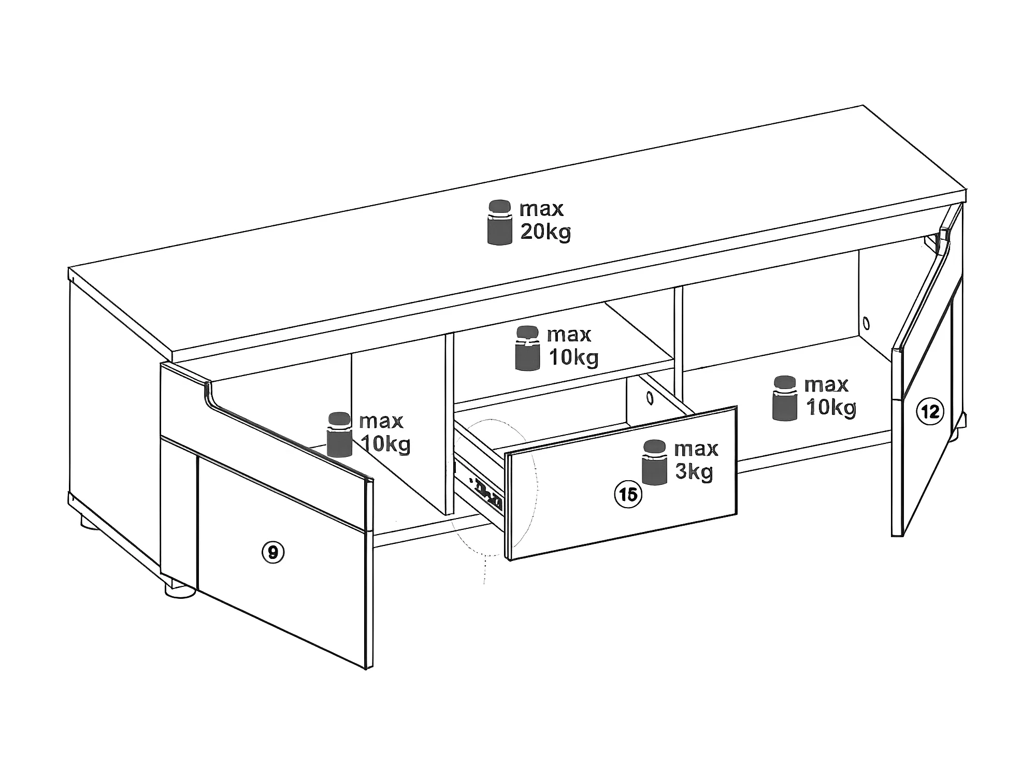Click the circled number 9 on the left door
pyautogui.click(x=273, y=553)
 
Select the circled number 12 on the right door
pyautogui.click(x=930, y=411)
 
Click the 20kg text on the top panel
pyautogui.click(x=545, y=232)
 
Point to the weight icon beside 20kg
pyautogui.click(x=500, y=222)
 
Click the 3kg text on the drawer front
pyautogui.click(x=694, y=472)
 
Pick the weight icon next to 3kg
pyautogui.click(x=654, y=462)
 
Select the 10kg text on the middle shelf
pyautogui.click(x=573, y=357)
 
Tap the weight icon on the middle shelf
pyautogui.click(x=528, y=348)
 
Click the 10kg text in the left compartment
pyautogui.click(x=385, y=444)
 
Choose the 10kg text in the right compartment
pyautogui.click(x=831, y=407)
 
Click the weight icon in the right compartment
pyautogui.click(x=785, y=398)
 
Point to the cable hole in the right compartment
pyautogui.click(x=866, y=324)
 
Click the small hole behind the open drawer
pyautogui.click(x=650, y=398)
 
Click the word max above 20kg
pyautogui.click(x=541, y=209)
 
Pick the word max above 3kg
pyautogui.click(x=696, y=449)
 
